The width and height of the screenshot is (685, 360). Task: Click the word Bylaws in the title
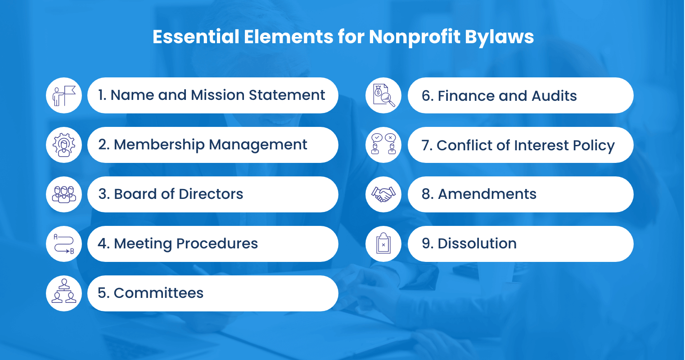(499, 37)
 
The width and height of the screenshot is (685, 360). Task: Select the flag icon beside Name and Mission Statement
(64, 95)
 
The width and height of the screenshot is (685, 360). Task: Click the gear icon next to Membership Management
(64, 145)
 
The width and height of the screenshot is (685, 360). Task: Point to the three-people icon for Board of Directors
(64, 194)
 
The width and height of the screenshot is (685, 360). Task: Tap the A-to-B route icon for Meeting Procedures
(64, 244)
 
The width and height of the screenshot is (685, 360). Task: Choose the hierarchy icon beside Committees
(64, 293)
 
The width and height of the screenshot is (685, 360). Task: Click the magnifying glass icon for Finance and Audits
(383, 95)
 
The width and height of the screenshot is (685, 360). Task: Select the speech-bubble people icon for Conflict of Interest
(383, 145)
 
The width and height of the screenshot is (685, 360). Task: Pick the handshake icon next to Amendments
(383, 194)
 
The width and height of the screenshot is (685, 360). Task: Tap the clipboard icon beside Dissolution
(383, 244)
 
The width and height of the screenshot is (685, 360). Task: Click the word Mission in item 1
(217, 95)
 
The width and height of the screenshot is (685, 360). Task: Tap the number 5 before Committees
(103, 293)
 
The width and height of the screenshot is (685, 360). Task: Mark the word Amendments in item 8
(487, 194)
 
